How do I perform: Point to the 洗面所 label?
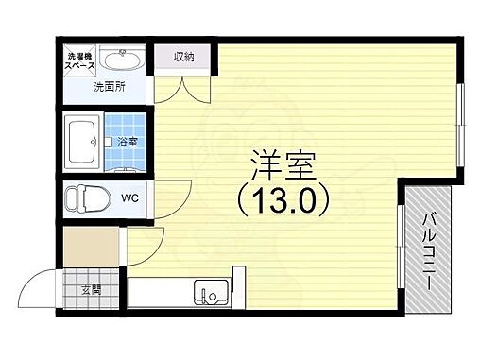(x=109, y=88)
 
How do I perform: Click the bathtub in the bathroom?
(x=83, y=142)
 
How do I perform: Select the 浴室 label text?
(x=126, y=142)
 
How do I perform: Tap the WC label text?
(x=129, y=198)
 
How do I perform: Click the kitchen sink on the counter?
(x=210, y=293)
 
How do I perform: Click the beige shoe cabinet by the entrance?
(x=92, y=248)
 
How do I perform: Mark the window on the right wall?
(x=460, y=117)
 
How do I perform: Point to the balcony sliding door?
(x=402, y=248)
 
